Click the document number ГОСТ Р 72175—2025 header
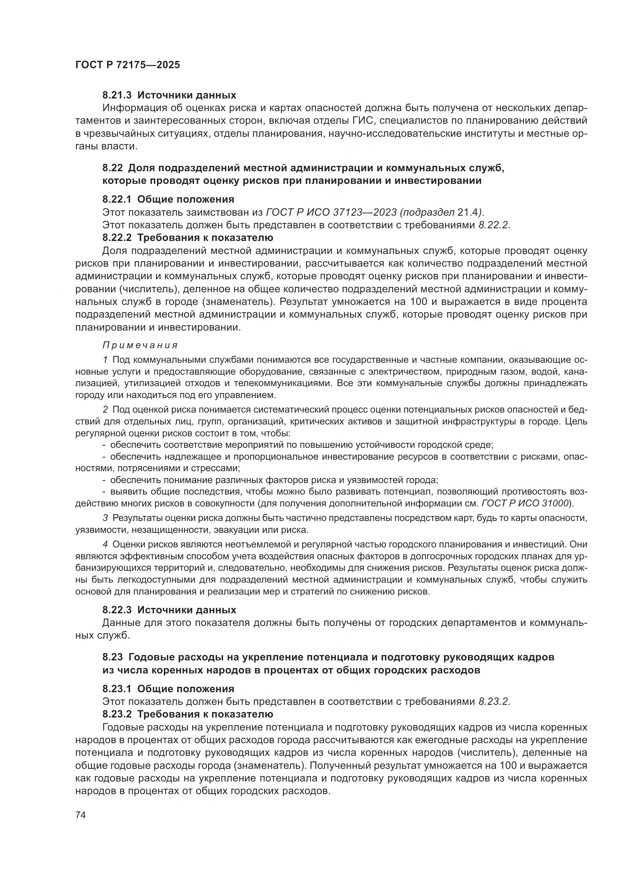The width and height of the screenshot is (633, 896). click(x=127, y=65)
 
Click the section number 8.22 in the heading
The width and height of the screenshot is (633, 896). click(x=113, y=168)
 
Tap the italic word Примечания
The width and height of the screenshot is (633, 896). click(x=140, y=346)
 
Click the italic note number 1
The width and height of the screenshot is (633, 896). click(x=105, y=359)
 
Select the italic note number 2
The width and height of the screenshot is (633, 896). click(x=105, y=410)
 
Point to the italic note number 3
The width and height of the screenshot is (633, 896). click(x=105, y=518)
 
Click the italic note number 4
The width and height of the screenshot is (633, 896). click(x=105, y=544)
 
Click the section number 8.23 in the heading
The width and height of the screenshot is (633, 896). click(x=113, y=657)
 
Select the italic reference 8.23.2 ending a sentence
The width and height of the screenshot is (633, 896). click(x=493, y=701)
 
